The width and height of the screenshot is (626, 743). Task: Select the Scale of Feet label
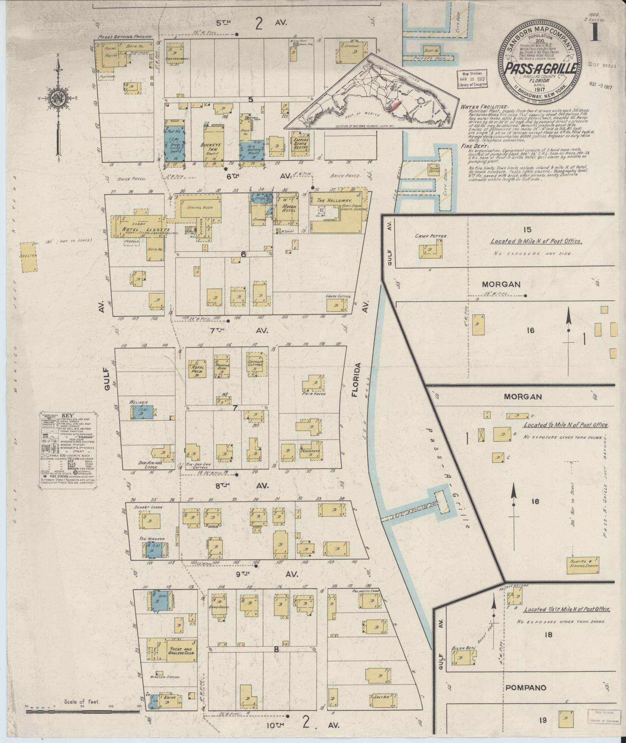[x=83, y=702]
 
